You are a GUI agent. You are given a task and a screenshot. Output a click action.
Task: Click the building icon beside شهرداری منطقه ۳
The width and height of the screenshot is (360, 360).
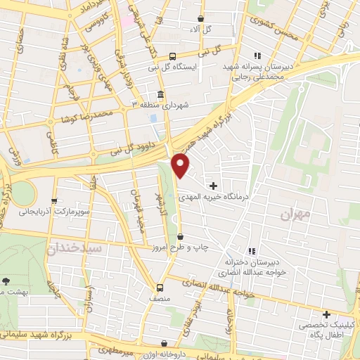161,96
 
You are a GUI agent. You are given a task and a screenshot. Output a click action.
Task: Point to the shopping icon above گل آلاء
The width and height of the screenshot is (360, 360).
201,19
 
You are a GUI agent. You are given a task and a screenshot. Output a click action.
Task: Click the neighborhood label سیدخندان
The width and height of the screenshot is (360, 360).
75,248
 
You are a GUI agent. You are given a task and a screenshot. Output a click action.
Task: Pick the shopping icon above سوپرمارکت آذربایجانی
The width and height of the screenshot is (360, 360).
55,200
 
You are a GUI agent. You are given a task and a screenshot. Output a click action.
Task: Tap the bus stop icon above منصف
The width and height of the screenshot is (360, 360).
160,287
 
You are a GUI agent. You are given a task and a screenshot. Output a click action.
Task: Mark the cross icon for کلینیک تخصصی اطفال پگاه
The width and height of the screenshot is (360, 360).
326,314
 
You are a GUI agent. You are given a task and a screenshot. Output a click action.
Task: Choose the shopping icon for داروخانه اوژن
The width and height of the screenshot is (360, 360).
164,344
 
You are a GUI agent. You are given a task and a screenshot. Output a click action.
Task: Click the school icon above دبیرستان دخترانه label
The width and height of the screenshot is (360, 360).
252,250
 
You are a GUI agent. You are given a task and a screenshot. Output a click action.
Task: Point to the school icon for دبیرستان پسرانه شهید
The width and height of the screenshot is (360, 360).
257,56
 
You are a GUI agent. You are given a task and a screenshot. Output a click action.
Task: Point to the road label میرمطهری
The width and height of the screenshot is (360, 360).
112,349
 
